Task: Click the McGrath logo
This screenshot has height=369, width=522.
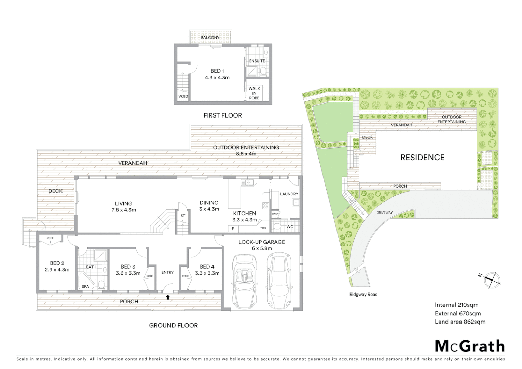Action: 469,346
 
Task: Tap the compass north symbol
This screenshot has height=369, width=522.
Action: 492,279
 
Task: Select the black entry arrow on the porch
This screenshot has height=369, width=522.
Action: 168,297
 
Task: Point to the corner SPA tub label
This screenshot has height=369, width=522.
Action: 85,286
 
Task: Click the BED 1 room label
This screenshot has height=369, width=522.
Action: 217,71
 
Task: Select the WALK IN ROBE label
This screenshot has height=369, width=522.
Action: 254,93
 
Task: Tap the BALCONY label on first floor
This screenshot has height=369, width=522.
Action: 210,38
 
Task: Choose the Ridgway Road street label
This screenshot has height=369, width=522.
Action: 363,294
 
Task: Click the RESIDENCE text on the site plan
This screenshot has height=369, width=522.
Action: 422,158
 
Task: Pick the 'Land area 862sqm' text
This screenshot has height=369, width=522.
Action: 460,322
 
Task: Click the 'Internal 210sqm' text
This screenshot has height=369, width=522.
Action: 456,305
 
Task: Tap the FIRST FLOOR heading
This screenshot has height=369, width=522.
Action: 222,115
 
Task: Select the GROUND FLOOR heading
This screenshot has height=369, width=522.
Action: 173,325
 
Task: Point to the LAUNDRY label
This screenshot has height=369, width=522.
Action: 289,194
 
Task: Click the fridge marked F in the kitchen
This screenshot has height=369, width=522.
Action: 233,229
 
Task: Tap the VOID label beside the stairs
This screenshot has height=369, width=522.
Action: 183,96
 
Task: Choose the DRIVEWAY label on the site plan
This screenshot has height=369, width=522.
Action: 384,213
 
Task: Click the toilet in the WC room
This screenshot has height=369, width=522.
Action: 277,227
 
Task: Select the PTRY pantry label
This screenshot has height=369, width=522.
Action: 263,228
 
